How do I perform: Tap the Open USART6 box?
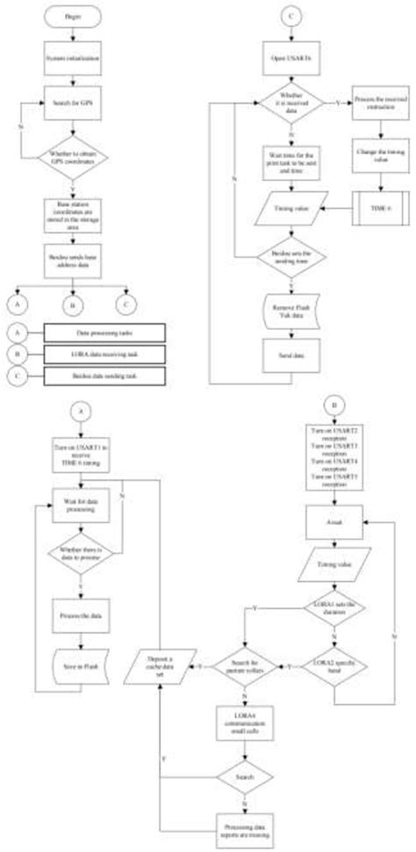290,59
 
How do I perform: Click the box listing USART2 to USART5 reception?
338,469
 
